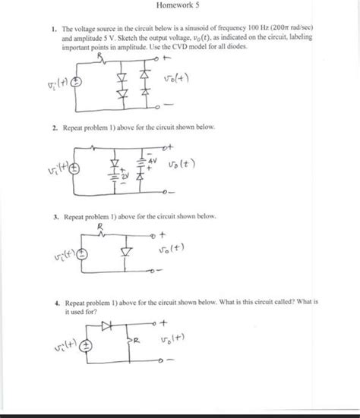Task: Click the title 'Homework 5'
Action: (x=180, y=6)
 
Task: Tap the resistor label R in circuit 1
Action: (x=99, y=56)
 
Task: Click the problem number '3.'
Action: (x=47, y=216)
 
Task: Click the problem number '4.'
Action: (x=47, y=301)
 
